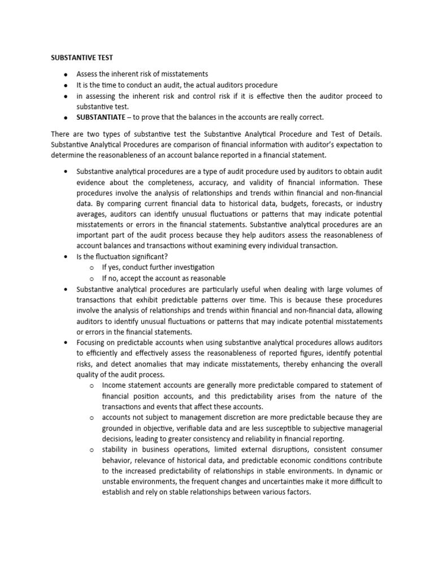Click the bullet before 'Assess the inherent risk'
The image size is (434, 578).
[66, 75]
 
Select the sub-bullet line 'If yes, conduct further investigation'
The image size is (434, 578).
[158, 267]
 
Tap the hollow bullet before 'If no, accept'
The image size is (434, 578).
[92, 278]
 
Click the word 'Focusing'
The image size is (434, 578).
[93, 343]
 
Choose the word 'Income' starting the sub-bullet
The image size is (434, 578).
[115, 385]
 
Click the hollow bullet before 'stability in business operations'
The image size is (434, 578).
[92, 449]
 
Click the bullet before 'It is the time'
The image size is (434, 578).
[66, 85]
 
